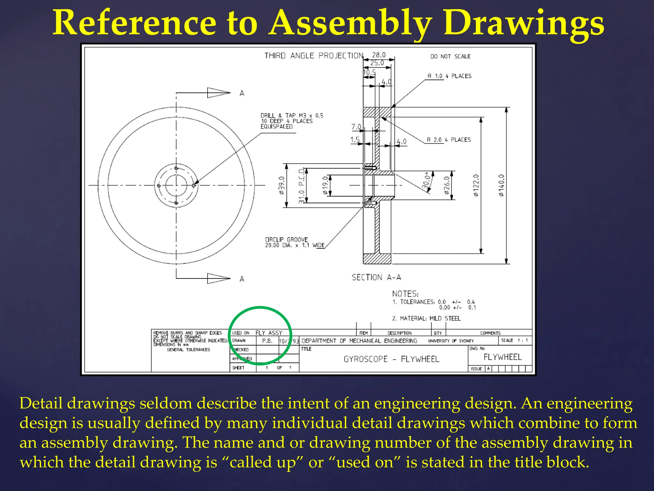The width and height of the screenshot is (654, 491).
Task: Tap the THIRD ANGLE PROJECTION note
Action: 314,56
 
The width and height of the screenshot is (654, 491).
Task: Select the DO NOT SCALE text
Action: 450,56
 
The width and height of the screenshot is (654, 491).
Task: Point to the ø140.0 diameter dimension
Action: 501,185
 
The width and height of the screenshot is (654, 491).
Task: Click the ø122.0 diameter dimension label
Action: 476,185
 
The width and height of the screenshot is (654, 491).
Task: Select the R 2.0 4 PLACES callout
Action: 449,140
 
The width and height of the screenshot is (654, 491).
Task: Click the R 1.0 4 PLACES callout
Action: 449,76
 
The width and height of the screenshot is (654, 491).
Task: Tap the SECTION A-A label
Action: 376,277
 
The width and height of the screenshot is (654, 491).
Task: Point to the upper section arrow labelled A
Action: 219,93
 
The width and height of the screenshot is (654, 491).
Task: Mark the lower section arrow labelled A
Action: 219,278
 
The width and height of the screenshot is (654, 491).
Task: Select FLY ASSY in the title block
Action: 269,333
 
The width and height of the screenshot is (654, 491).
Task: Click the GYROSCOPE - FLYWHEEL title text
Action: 392,359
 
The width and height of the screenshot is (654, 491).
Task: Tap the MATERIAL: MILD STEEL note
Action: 426,318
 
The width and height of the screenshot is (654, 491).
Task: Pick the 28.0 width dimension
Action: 379,55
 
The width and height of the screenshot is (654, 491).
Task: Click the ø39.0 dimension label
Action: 281,185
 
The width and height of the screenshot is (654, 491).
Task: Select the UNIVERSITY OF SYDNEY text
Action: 451,341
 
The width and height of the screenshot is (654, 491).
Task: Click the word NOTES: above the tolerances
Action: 405,294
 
